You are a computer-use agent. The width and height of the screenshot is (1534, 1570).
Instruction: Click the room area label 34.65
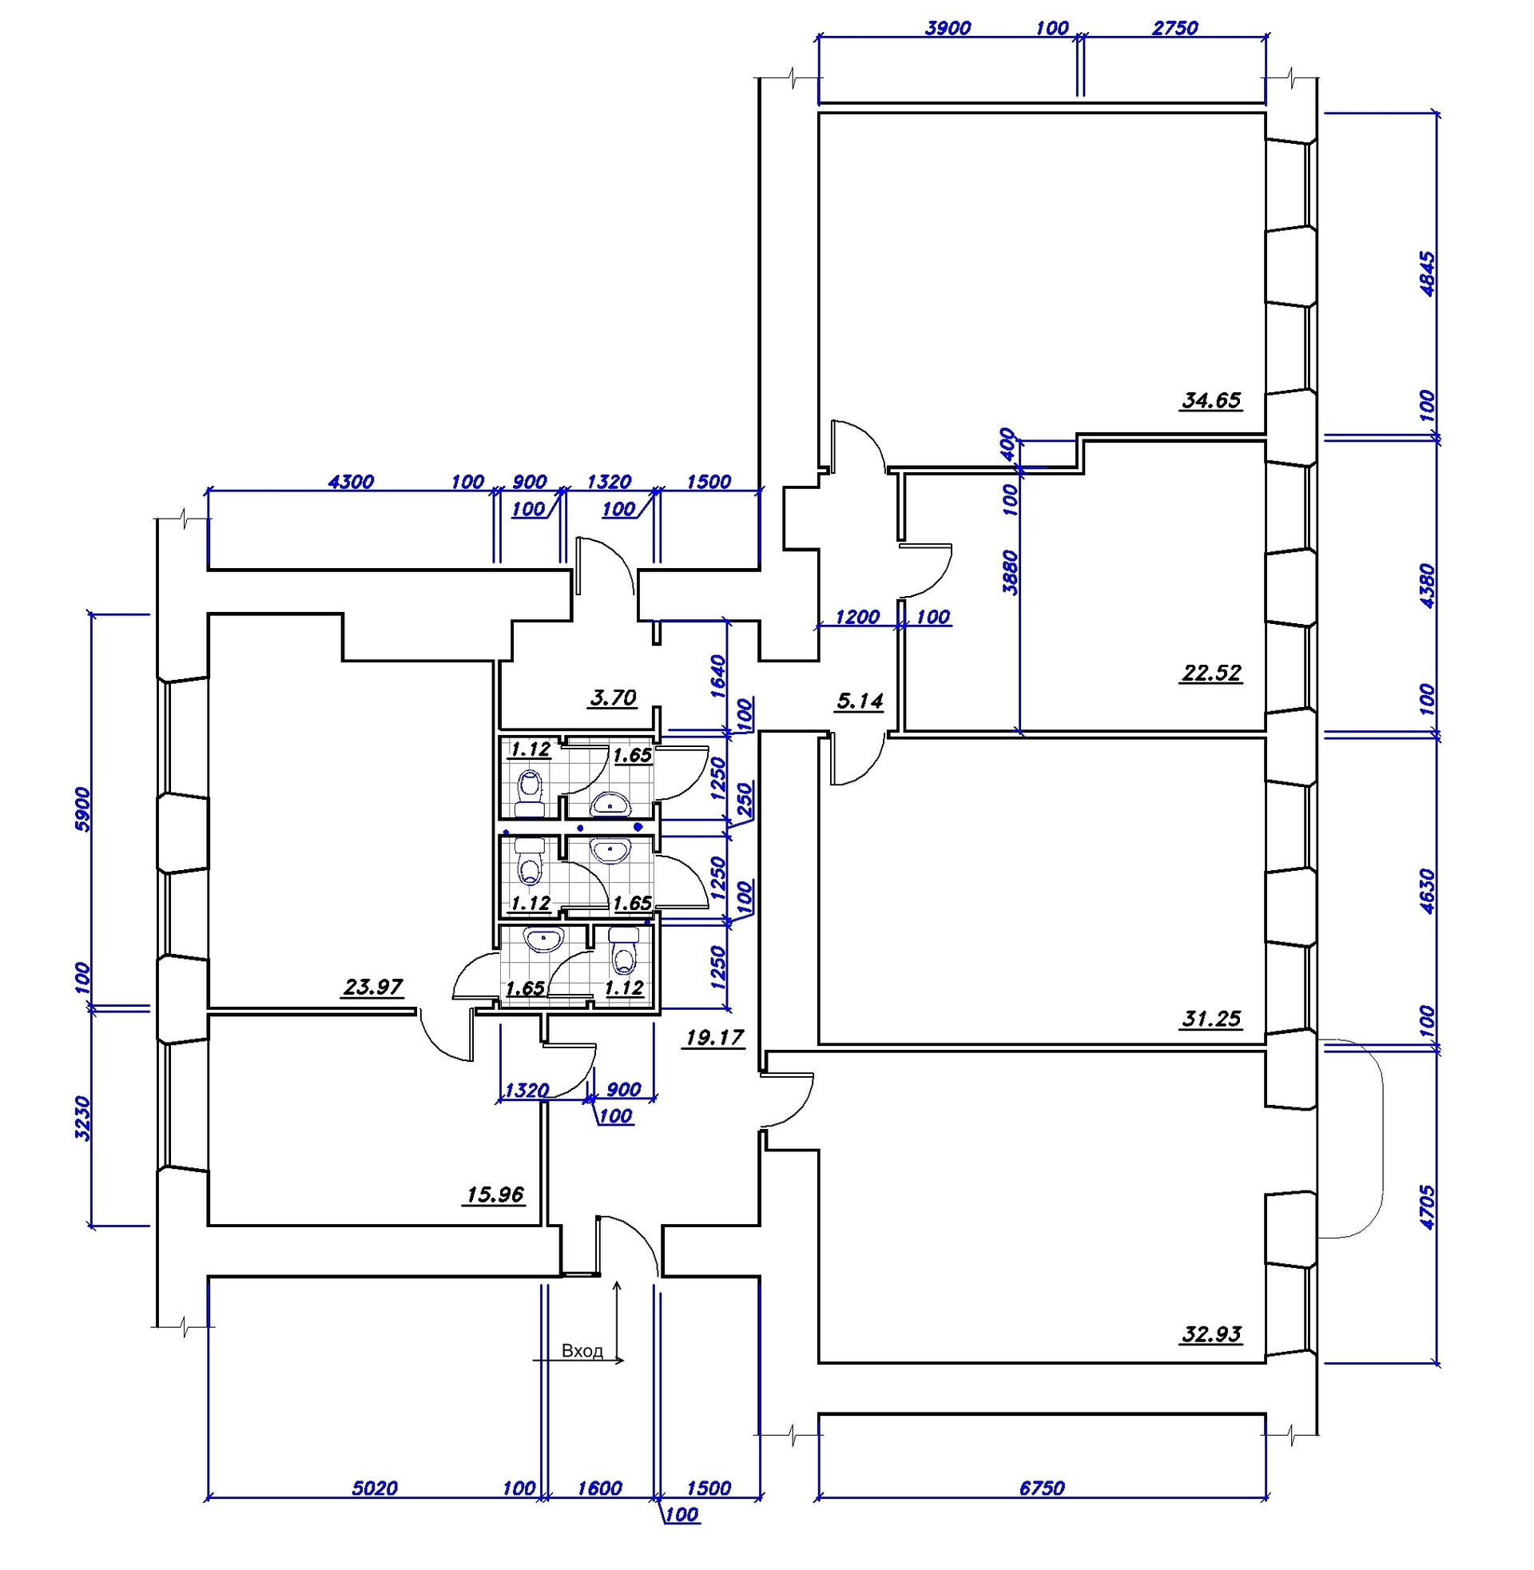1211,400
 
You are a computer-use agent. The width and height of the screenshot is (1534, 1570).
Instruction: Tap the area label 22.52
1211,673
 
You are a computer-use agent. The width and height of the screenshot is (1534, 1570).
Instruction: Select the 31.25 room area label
1211,1019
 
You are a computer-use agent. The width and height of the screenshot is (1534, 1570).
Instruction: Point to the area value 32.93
1211,1334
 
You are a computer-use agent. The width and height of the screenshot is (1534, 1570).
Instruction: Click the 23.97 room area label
373,987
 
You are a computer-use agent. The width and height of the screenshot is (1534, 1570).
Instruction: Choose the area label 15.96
495,1194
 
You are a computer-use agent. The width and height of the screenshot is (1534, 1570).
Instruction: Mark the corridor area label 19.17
713,1038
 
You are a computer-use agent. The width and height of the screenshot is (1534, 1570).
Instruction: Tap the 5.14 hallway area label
860,701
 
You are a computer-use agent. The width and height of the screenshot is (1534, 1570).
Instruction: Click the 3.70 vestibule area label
613,698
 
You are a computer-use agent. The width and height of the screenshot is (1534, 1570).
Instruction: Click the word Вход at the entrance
582,1351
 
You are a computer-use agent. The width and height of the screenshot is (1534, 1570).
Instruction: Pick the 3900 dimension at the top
948,28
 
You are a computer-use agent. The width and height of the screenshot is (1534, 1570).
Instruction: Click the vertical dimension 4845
1426,275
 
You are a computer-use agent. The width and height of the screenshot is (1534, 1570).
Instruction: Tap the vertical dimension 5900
83,809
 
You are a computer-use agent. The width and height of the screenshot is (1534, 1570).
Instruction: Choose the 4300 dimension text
352,482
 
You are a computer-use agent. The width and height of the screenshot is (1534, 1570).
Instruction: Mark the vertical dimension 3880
1011,573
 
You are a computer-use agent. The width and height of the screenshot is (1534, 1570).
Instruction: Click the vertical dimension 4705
1426,1206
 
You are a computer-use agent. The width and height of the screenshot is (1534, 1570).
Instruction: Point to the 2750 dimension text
1174,28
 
